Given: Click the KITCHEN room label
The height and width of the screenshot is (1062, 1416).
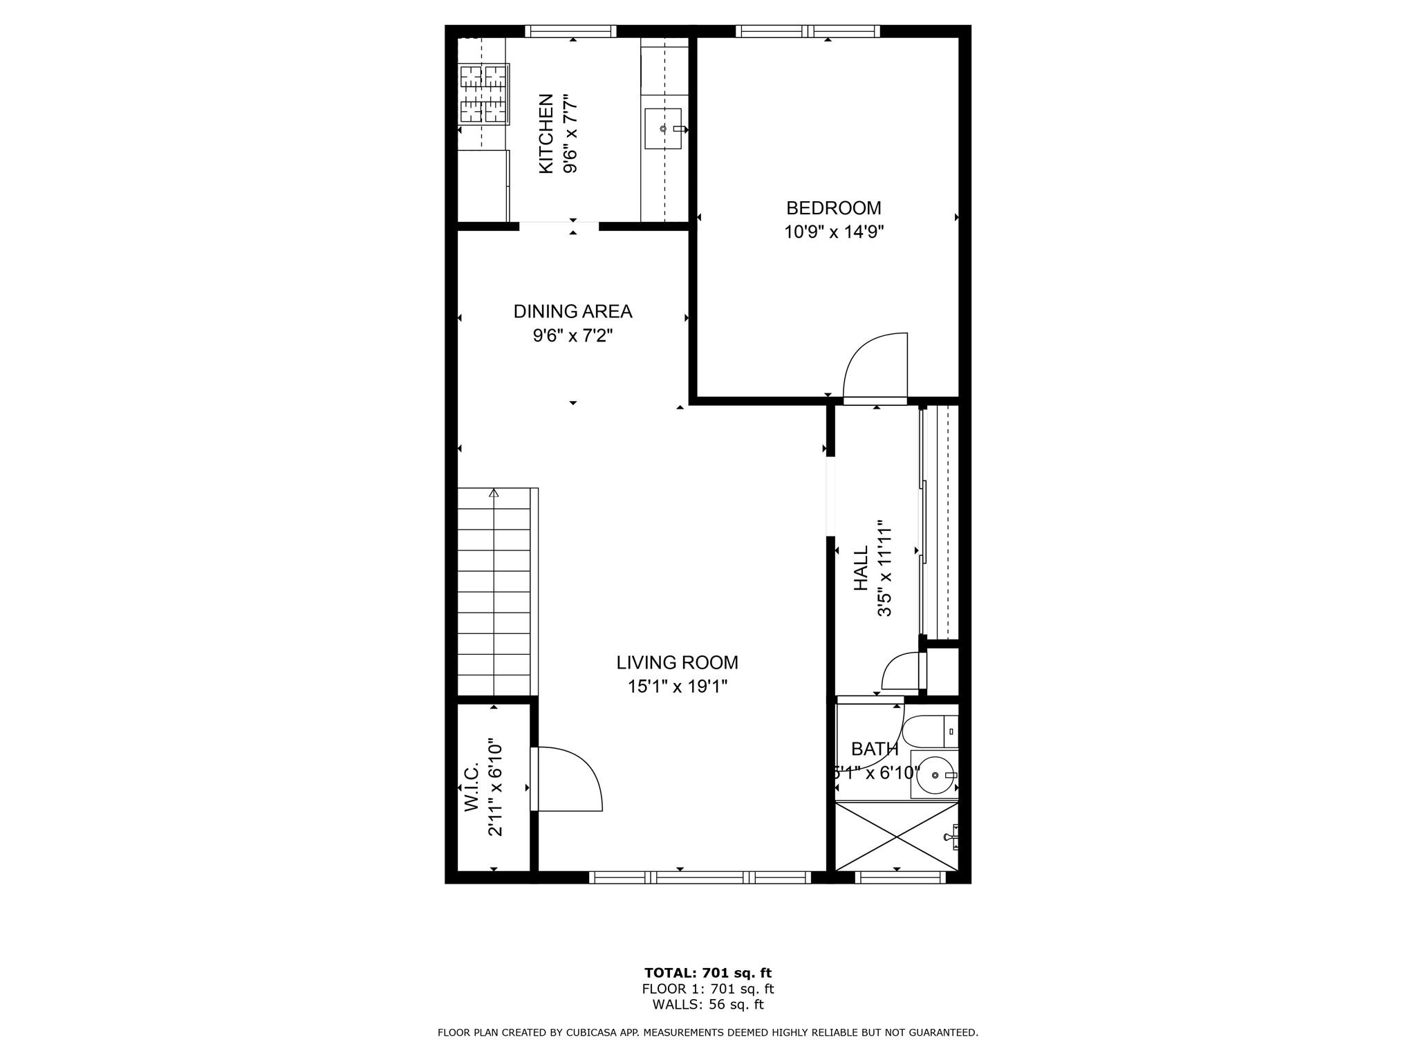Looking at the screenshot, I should click(x=546, y=134).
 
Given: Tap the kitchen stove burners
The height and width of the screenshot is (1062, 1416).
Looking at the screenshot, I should click(x=484, y=94).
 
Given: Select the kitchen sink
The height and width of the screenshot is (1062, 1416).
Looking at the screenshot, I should click(x=663, y=129).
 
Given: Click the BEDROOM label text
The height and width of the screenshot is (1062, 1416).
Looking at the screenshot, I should click(x=833, y=208).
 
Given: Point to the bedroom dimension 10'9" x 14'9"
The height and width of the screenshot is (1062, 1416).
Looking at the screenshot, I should click(x=834, y=232).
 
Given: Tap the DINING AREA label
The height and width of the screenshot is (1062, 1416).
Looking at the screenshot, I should click(x=572, y=312).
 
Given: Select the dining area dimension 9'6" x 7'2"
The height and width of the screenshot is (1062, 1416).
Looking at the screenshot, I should click(x=572, y=336).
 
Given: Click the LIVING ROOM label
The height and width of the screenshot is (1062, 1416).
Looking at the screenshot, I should click(x=677, y=663).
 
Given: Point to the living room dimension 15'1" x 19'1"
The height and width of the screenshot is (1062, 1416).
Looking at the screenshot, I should click(x=677, y=687).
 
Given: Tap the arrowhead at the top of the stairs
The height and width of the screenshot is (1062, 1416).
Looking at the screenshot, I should click(x=494, y=493).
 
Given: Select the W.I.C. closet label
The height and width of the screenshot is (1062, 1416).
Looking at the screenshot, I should click(x=472, y=788).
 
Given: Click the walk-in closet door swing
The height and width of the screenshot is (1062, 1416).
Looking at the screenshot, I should click(x=568, y=778).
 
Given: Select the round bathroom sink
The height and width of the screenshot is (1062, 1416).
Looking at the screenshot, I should click(x=934, y=776).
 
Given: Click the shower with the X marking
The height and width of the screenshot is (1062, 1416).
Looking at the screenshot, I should click(x=896, y=837).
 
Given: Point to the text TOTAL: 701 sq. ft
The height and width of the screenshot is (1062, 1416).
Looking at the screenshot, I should click(x=708, y=973).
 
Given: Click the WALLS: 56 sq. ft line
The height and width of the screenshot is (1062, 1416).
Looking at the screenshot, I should click(x=708, y=1005).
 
